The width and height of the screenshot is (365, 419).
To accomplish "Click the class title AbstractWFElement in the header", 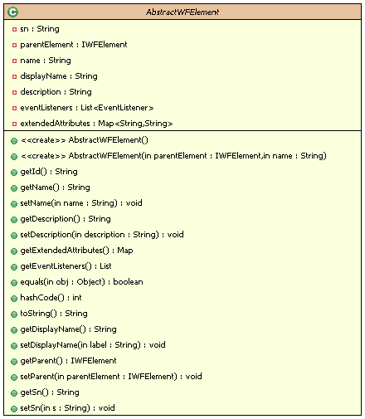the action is tap(182, 12).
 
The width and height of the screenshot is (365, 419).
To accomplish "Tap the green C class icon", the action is tap(12, 12).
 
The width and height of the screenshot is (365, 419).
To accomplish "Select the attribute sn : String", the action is tap(40, 29).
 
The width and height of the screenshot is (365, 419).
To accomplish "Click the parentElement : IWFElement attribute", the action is tap(74, 45).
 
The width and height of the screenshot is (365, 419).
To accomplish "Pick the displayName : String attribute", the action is tap(59, 76).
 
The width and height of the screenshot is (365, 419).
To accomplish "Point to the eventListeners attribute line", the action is tap(87, 108).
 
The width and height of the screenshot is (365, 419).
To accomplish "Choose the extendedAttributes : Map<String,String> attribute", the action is tap(96, 124).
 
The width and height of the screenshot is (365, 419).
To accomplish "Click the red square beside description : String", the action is tap(14, 92).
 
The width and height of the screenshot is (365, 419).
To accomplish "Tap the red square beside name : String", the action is tap(14, 61).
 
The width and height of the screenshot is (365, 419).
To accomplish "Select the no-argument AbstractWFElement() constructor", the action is tap(85, 140).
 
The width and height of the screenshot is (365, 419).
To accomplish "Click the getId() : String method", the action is tap(49, 172).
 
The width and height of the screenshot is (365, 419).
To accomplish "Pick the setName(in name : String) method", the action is tap(81, 203).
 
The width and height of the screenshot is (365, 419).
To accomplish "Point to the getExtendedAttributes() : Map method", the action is tap(76, 251).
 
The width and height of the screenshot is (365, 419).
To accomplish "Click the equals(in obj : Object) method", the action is tap(81, 282).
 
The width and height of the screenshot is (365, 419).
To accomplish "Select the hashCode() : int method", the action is tap(51, 298).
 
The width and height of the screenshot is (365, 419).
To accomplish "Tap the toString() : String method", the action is tap(54, 314).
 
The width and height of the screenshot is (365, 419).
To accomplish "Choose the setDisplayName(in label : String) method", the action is tap(93, 345).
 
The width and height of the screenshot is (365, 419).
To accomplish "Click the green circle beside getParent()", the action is tap(14, 362).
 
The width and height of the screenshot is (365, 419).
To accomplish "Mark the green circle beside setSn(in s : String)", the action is tap(14, 409).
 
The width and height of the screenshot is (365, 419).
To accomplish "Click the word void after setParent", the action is tap(193, 377).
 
